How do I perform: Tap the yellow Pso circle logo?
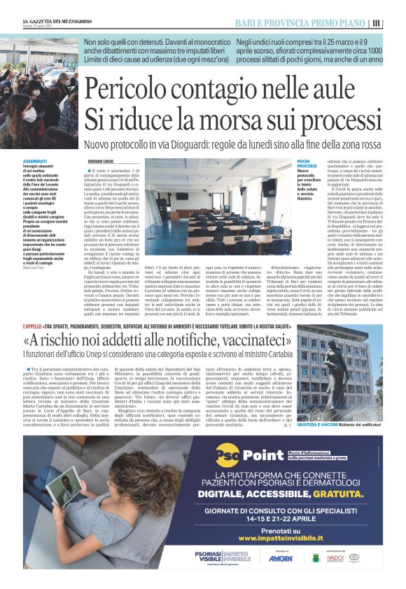[227, 455]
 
